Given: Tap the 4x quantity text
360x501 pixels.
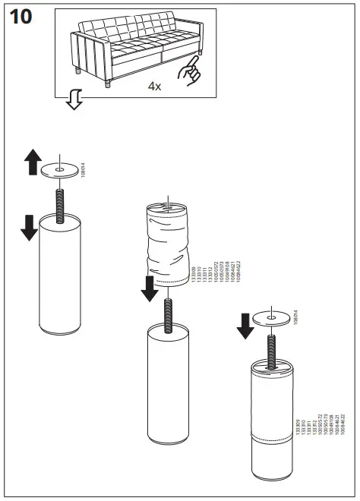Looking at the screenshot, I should [154, 87].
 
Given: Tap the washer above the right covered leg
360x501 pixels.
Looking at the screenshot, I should [272, 317].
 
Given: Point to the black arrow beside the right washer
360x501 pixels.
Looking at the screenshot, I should [245, 324].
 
